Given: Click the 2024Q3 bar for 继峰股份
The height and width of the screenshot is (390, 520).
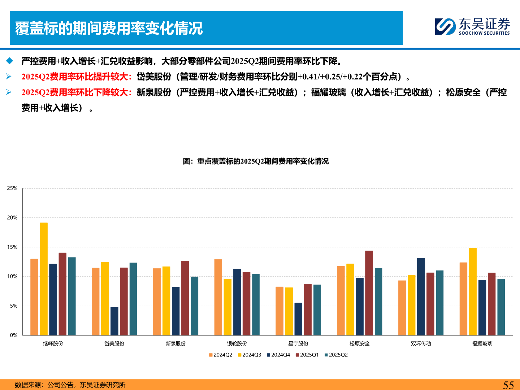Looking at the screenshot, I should pyautogui.click(x=44, y=279).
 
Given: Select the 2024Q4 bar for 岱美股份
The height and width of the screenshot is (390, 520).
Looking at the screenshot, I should pyautogui.click(x=114, y=321).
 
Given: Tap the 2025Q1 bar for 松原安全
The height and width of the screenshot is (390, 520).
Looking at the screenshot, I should pyautogui.click(x=369, y=293).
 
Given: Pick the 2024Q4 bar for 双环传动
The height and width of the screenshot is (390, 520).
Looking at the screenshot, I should pyautogui.click(x=421, y=296).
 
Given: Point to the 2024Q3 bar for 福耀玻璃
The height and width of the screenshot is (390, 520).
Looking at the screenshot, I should pyautogui.click(x=473, y=291).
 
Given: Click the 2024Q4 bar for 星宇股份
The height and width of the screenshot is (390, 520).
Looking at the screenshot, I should pyautogui.click(x=298, y=319).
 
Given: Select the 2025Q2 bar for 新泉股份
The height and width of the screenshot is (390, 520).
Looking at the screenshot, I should pyautogui.click(x=195, y=306).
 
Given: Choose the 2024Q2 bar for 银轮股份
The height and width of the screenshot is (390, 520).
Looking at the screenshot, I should pyautogui.click(x=218, y=297).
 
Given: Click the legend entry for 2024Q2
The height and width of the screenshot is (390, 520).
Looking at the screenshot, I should pyautogui.click(x=221, y=355).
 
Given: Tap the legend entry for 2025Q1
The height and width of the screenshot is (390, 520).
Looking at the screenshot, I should pyautogui.click(x=307, y=355).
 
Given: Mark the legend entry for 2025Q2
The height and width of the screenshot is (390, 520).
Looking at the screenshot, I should pyautogui.click(x=336, y=355).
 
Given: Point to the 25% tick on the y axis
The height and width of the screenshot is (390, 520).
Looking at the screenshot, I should pyautogui.click(x=12, y=188).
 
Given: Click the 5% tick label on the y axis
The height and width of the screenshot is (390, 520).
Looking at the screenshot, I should pyautogui.click(x=13, y=306).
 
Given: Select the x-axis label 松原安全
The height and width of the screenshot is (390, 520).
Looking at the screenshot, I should pyautogui.click(x=360, y=344).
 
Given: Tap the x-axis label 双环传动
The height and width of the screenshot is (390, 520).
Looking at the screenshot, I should pyautogui.click(x=421, y=344).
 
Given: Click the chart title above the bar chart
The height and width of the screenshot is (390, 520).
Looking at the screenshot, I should pyautogui.click(x=256, y=161).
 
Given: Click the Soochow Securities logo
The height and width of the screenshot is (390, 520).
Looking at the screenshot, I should pyautogui.click(x=472, y=26).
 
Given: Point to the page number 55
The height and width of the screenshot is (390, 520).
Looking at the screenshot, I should pyautogui.click(x=508, y=385).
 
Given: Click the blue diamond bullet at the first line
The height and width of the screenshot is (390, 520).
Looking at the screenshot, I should pyautogui.click(x=9, y=61).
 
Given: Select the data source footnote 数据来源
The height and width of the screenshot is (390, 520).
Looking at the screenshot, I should pyautogui.click(x=70, y=385).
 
